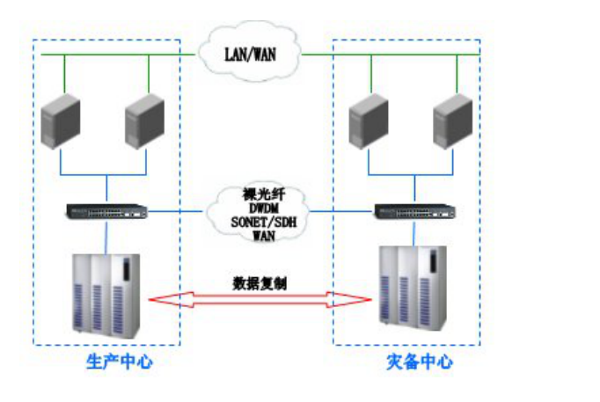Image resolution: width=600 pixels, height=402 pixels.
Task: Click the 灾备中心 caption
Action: click(420, 362)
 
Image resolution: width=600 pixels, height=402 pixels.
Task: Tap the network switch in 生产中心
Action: click(107, 211)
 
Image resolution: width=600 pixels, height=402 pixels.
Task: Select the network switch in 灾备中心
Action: click(415, 211)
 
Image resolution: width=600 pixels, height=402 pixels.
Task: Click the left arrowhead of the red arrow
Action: click(158, 300)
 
